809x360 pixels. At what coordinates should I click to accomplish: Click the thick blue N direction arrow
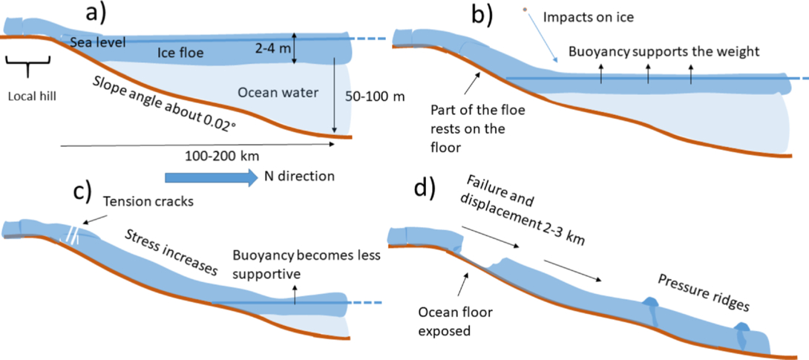tap(211, 177)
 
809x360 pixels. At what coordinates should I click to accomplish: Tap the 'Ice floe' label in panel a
tap(171, 51)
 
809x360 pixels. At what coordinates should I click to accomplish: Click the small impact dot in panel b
tap(525, 10)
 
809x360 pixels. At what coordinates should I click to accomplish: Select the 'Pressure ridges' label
tap(704, 290)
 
